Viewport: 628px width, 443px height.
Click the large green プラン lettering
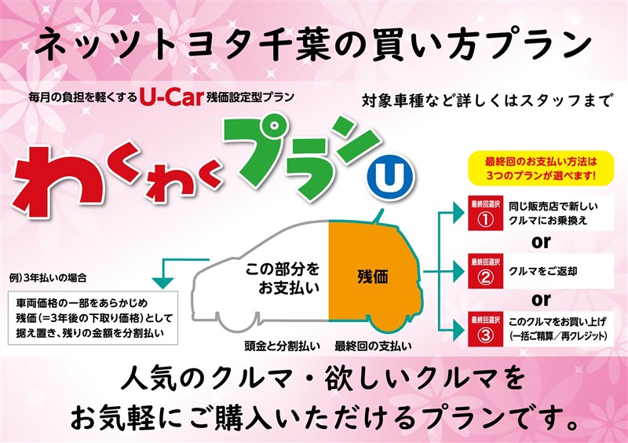(x=298, y=154)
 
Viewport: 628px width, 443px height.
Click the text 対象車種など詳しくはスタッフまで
(x=486, y=100)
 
